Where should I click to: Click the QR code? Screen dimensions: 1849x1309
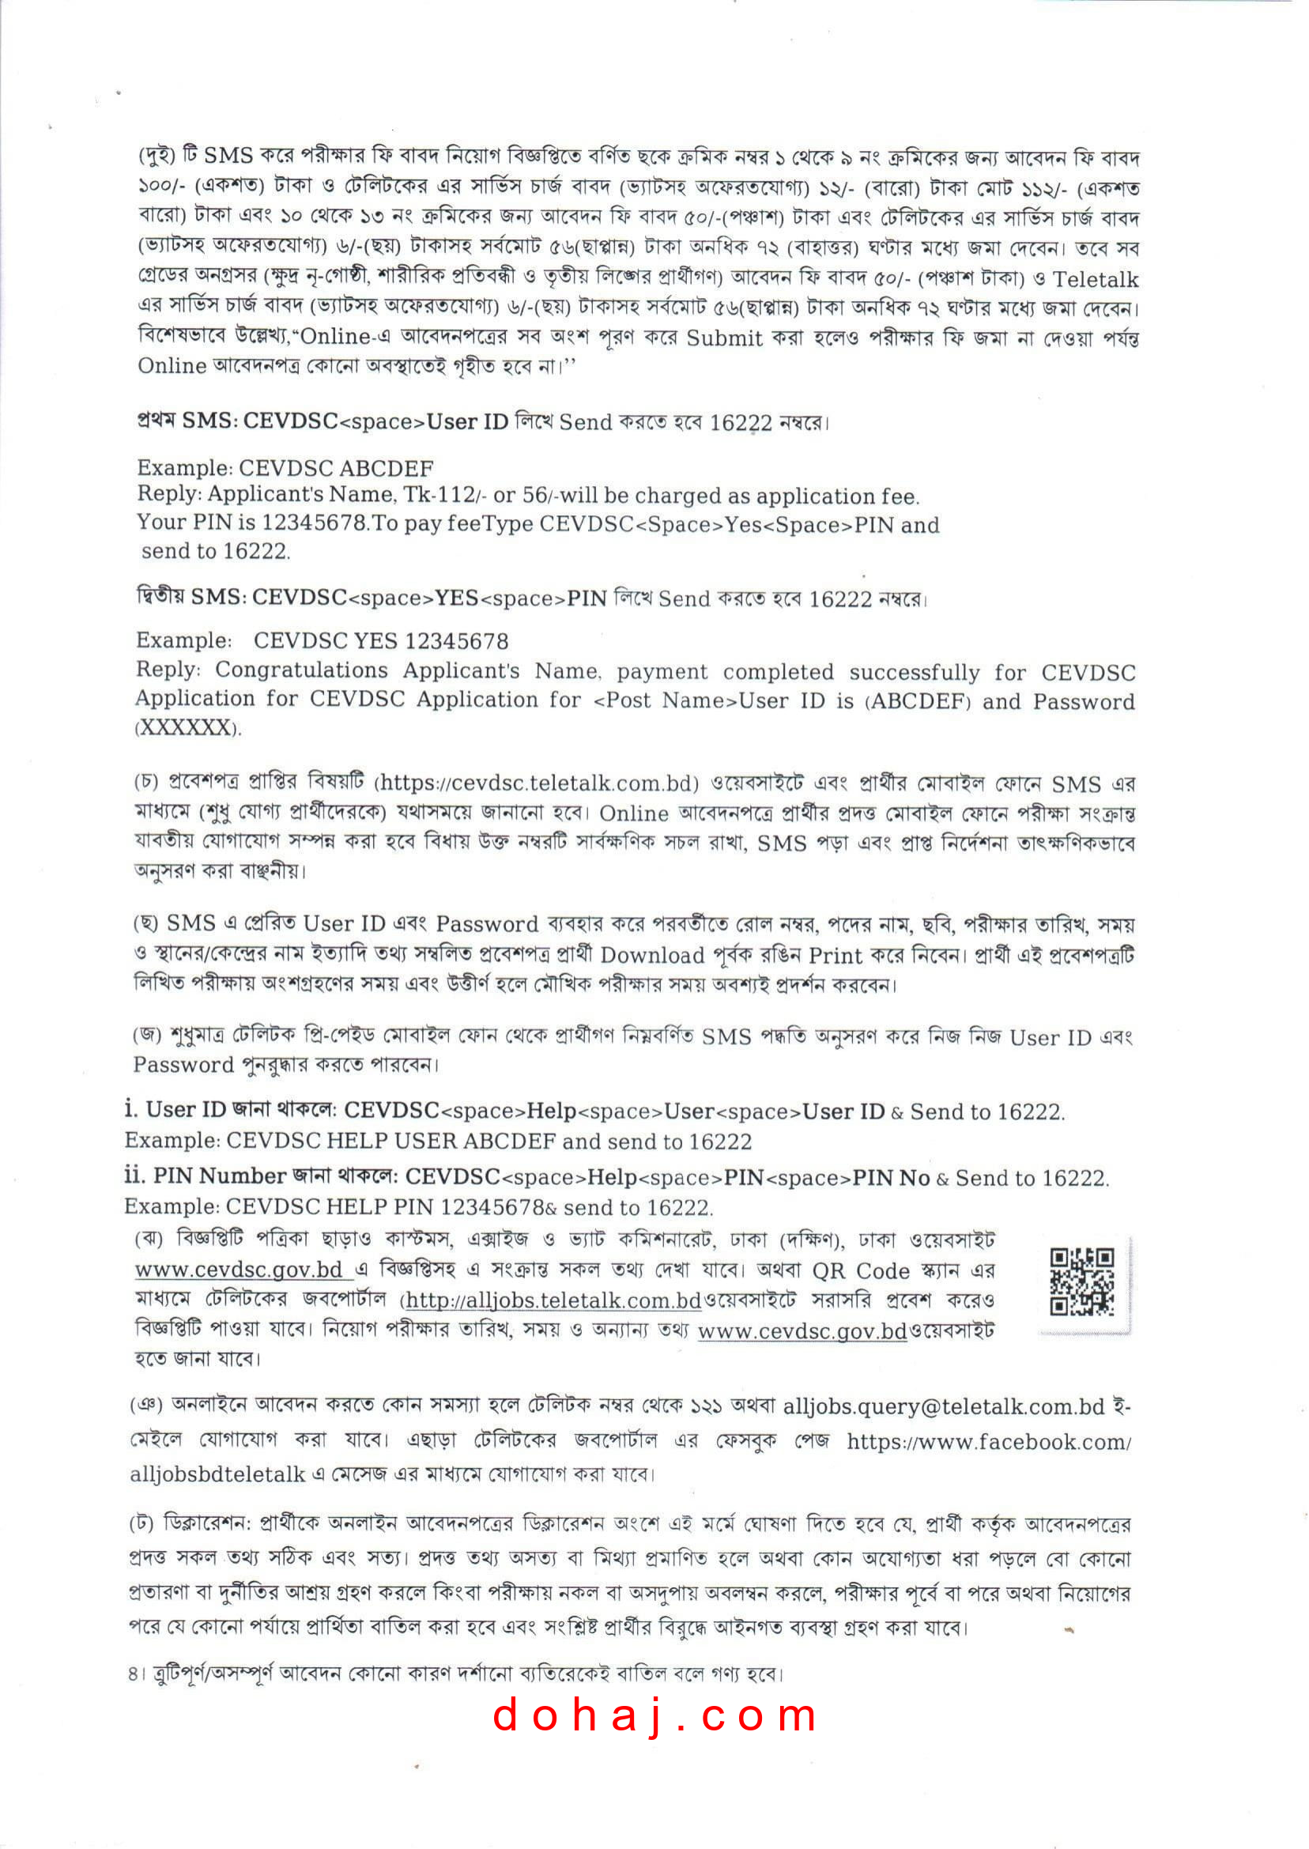pos(1081,1281)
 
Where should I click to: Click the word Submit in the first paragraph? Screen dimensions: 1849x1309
pos(724,338)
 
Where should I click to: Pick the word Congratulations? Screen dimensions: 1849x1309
pos(300,670)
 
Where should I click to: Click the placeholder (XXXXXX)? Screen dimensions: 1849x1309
pos(187,728)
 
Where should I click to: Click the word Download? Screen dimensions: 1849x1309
pos(652,955)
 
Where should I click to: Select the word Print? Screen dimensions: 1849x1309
pos(835,955)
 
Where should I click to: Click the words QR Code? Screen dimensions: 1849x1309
pos(860,1271)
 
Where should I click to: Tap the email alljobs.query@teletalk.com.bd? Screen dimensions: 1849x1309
pos(943,1406)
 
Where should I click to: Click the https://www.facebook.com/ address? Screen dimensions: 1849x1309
pos(988,1441)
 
